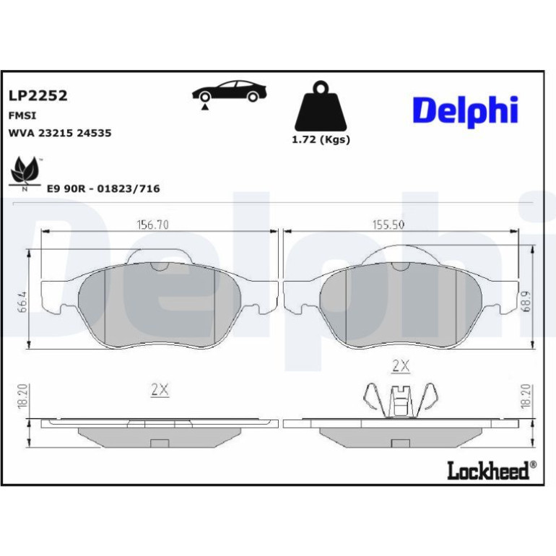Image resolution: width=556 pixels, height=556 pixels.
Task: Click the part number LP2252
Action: pyautogui.click(x=38, y=95)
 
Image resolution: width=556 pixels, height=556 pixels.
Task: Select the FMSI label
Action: pyautogui.click(x=22, y=116)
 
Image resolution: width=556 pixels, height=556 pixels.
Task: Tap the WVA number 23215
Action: pyautogui.click(x=56, y=133)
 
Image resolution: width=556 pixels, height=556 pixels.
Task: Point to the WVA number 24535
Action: pyautogui.click(x=94, y=133)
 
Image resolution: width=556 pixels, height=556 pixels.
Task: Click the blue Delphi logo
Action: pyautogui.click(x=466, y=111)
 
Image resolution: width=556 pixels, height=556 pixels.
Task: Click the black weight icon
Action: pyautogui.click(x=321, y=105)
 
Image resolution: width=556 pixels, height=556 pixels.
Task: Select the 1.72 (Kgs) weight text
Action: pyautogui.click(x=321, y=139)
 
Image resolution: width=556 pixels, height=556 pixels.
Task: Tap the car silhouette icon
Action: pyautogui.click(x=229, y=92)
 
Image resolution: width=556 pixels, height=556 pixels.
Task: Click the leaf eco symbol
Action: pyautogui.click(x=24, y=173)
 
